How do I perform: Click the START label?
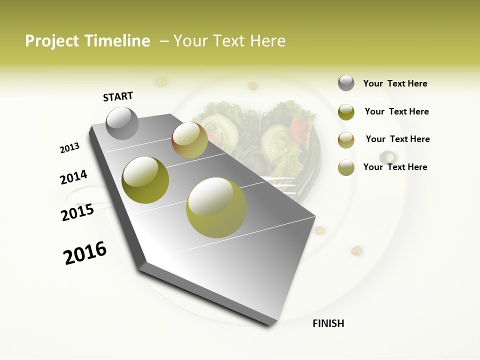point(118,96)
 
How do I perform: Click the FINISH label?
point(328,323)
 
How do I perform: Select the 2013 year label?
point(69,148)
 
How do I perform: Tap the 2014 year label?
point(73,177)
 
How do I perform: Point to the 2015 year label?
point(77,212)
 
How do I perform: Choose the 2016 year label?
point(85,252)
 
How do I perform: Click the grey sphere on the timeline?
point(122,123)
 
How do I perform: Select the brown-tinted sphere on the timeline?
point(189,140)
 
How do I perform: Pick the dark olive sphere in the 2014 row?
point(145,180)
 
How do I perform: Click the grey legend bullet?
point(346,83)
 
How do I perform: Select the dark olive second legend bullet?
point(346,112)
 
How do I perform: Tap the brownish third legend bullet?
point(346,139)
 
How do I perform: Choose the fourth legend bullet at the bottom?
point(346,167)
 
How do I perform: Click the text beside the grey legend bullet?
point(395,83)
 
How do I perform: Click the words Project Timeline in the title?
point(87,41)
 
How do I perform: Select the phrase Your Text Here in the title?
point(229,41)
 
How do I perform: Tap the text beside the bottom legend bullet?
point(395,167)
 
